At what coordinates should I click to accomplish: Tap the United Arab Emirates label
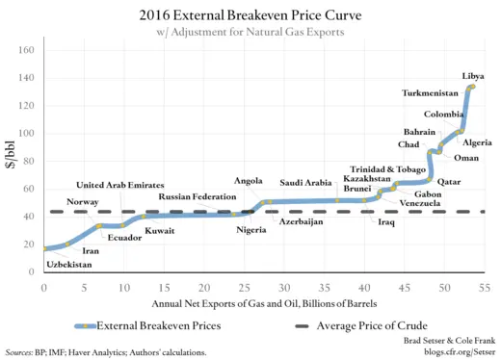click(120, 185)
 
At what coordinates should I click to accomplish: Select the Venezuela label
click(420, 204)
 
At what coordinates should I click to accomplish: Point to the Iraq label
click(386, 222)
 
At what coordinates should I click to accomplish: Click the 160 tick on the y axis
click(29, 50)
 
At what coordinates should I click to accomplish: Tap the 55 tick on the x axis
click(485, 288)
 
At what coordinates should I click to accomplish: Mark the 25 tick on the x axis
click(244, 288)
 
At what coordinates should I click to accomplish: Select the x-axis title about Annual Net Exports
click(262, 303)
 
